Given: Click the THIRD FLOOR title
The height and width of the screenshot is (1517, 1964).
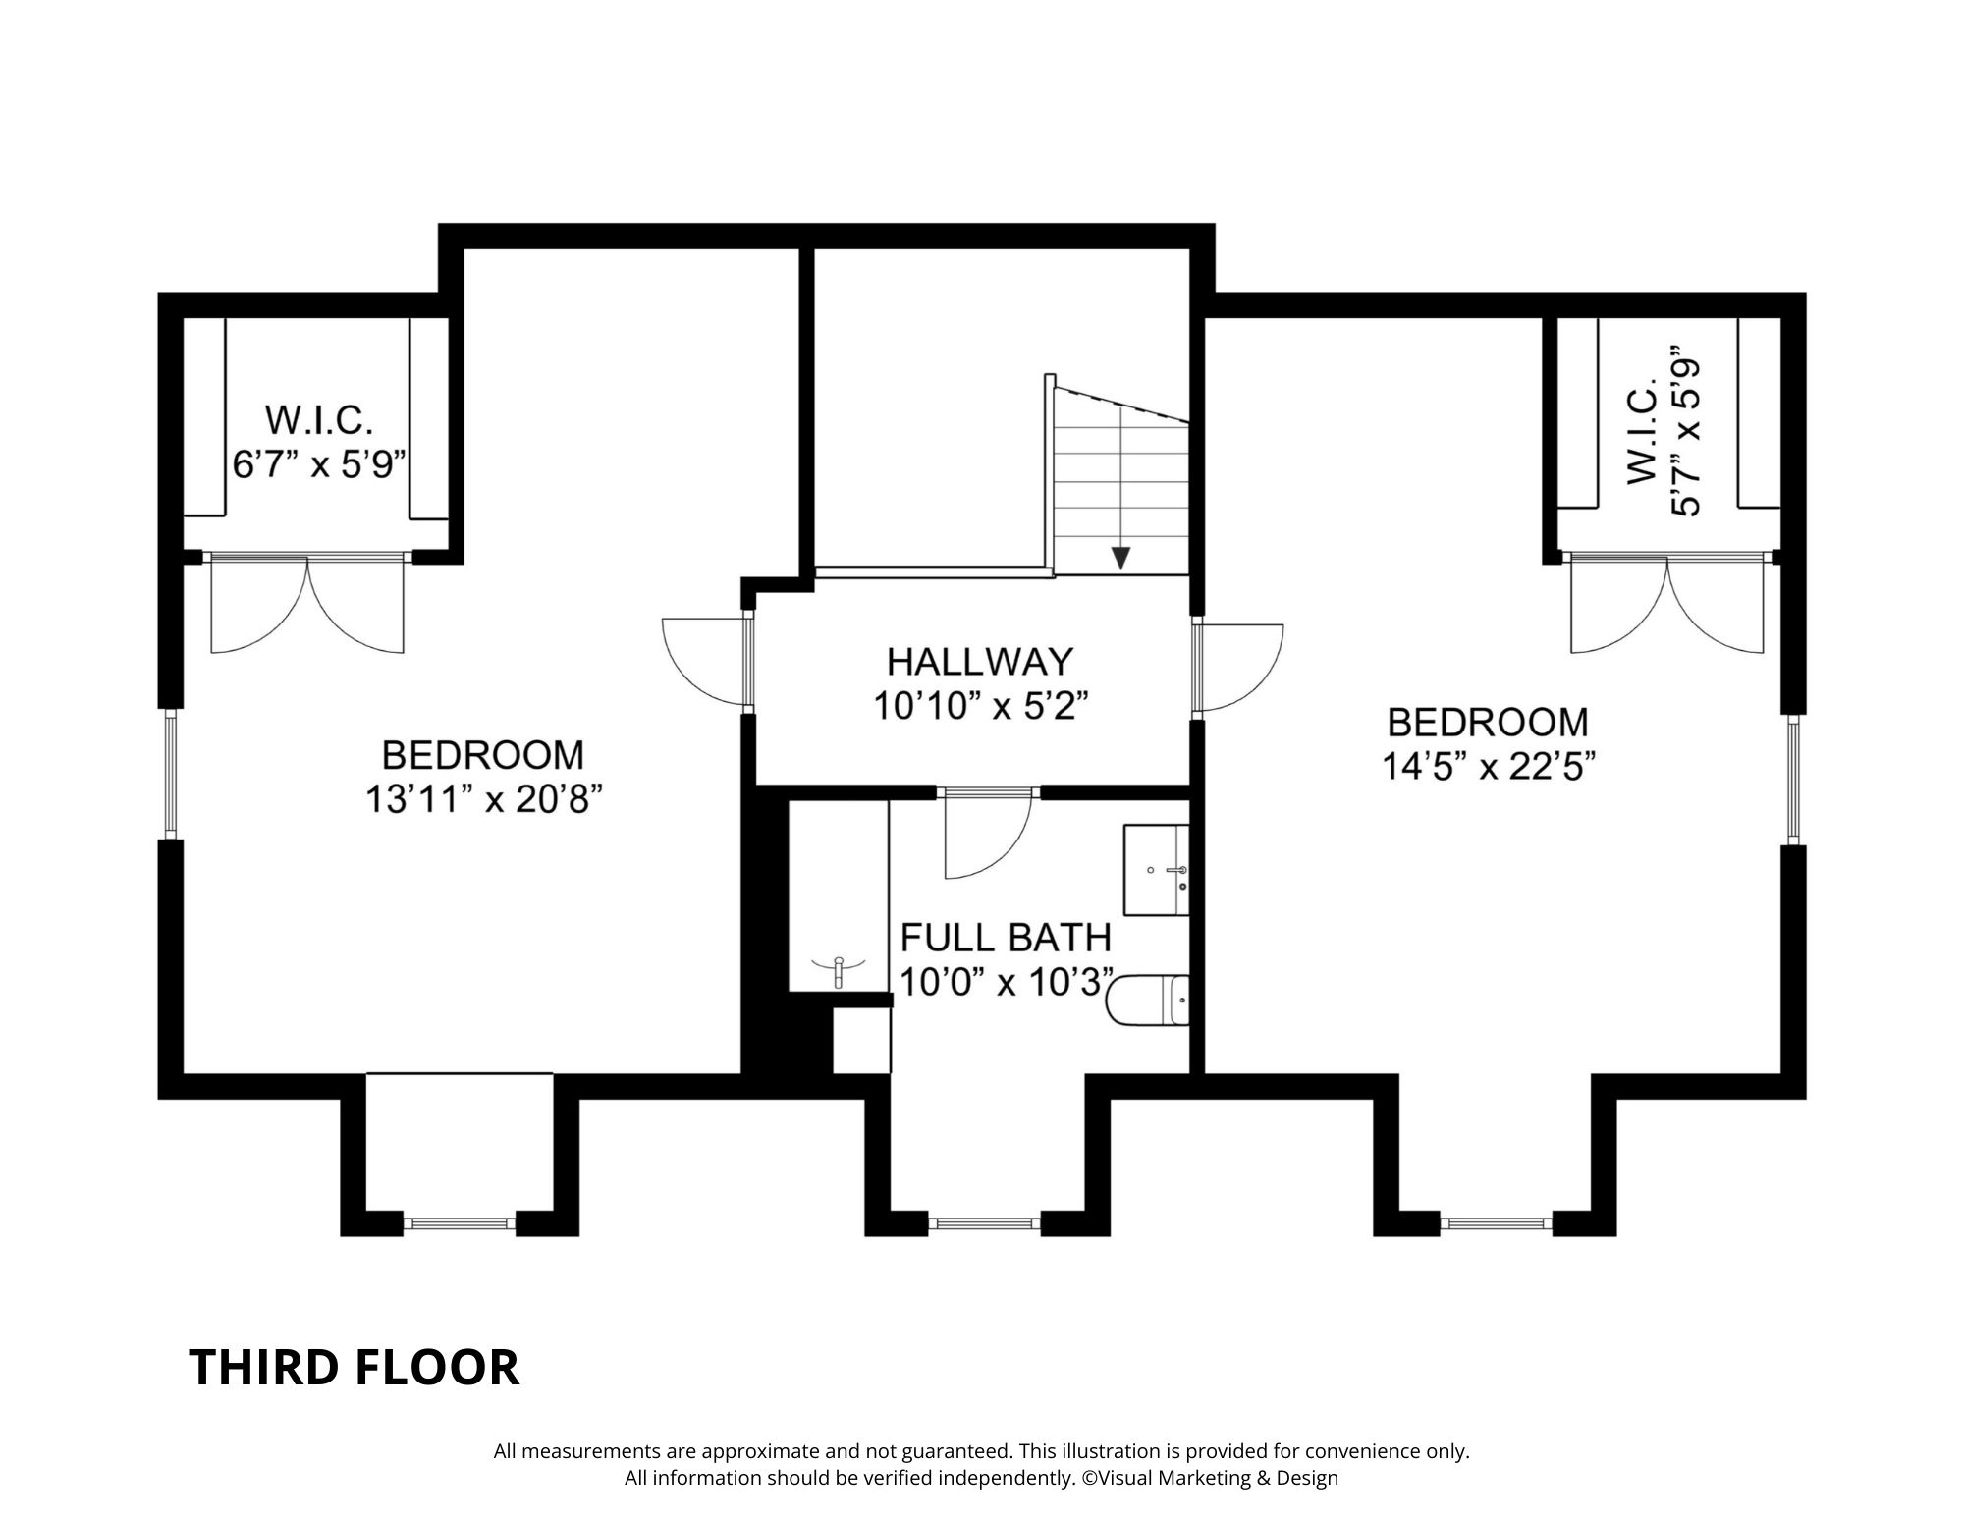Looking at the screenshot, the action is pyautogui.click(x=354, y=1367).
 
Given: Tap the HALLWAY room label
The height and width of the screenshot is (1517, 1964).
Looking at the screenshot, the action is pyautogui.click(x=980, y=662).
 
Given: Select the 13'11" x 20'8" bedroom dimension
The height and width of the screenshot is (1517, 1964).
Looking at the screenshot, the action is pyautogui.click(x=483, y=799).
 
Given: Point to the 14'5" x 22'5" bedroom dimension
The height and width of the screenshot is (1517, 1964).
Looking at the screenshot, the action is pyautogui.click(x=1487, y=766).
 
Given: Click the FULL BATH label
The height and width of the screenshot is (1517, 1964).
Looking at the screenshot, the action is pyautogui.click(x=1006, y=938).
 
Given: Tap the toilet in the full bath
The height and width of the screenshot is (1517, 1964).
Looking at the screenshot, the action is pyautogui.click(x=1148, y=1001).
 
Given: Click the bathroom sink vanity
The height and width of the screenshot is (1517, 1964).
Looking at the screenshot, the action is pyautogui.click(x=1157, y=871).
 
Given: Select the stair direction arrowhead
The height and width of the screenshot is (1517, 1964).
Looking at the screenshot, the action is pyautogui.click(x=1121, y=558).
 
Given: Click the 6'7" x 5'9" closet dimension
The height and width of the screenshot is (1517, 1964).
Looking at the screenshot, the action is pyautogui.click(x=319, y=463).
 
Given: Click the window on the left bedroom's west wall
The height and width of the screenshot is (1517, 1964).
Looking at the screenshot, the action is pyautogui.click(x=171, y=774).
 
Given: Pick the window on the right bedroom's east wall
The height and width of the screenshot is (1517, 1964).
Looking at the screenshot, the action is pyautogui.click(x=1793, y=780).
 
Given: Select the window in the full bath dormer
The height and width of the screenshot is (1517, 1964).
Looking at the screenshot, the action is pyautogui.click(x=985, y=1223).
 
